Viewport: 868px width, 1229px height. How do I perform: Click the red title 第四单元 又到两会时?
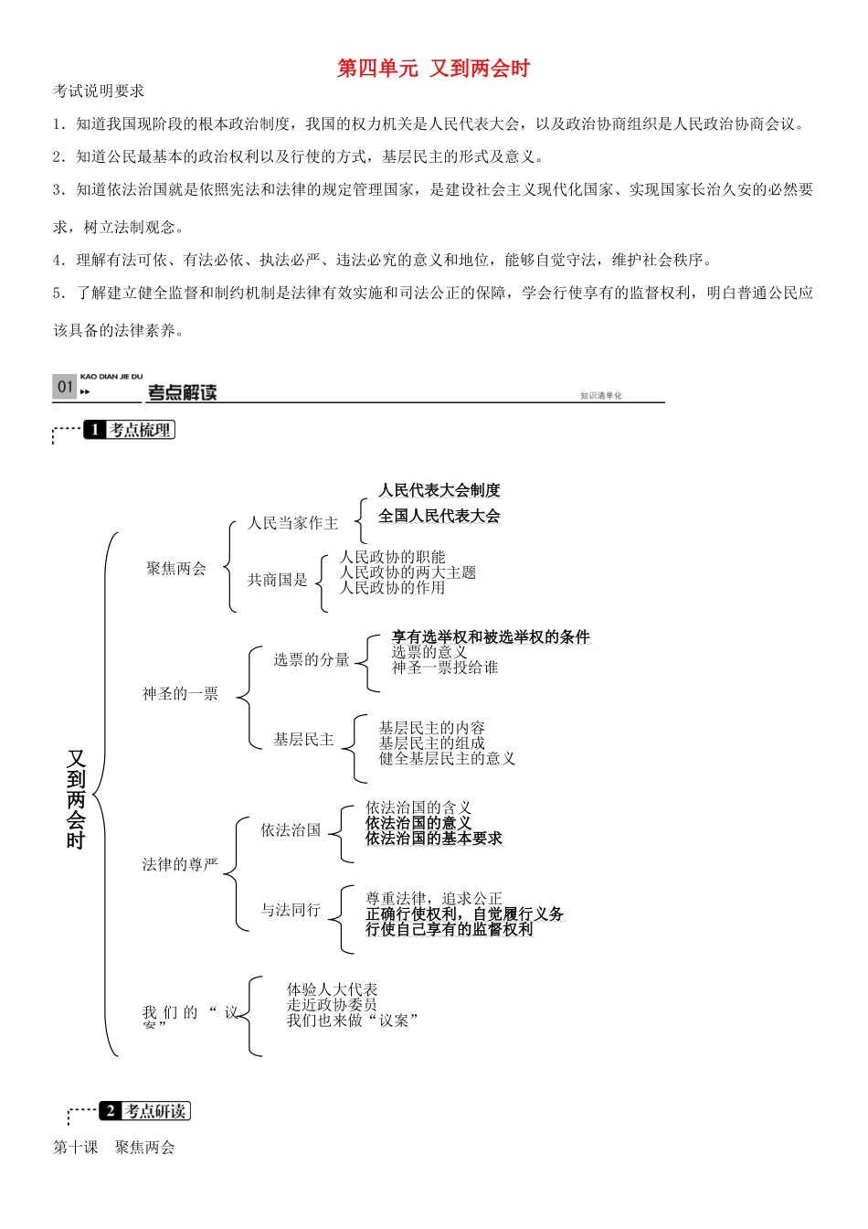[x=433, y=69]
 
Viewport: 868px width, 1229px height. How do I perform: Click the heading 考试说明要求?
[x=99, y=91]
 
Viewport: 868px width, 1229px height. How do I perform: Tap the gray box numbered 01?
[x=64, y=387]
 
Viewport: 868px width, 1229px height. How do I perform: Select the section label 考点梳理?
[x=140, y=430]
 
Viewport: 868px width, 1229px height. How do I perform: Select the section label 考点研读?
[x=155, y=1111]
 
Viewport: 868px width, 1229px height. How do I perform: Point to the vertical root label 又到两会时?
[x=76, y=799]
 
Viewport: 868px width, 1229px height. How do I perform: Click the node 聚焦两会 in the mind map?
[x=176, y=569]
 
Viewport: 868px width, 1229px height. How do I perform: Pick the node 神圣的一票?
[x=180, y=694]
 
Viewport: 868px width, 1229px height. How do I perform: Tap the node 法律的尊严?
[x=180, y=864]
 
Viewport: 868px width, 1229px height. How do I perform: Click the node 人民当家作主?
[x=292, y=523]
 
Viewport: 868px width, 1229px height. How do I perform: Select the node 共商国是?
[x=277, y=580]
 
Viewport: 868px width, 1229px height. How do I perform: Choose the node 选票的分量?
[x=311, y=659]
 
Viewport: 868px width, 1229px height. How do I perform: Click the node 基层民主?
[x=303, y=739]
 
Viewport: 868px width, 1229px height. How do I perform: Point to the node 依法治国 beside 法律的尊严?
[x=291, y=829]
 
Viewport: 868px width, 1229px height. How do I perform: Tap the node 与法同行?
[x=291, y=910]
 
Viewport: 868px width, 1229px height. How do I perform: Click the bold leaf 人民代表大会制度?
[x=439, y=490]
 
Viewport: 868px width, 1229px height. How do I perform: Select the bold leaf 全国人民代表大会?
[x=439, y=516]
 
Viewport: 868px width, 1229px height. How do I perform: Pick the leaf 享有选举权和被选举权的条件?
[x=491, y=636]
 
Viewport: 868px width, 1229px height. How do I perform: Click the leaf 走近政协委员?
[x=332, y=1005]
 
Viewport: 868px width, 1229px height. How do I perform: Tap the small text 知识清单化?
[x=600, y=396]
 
